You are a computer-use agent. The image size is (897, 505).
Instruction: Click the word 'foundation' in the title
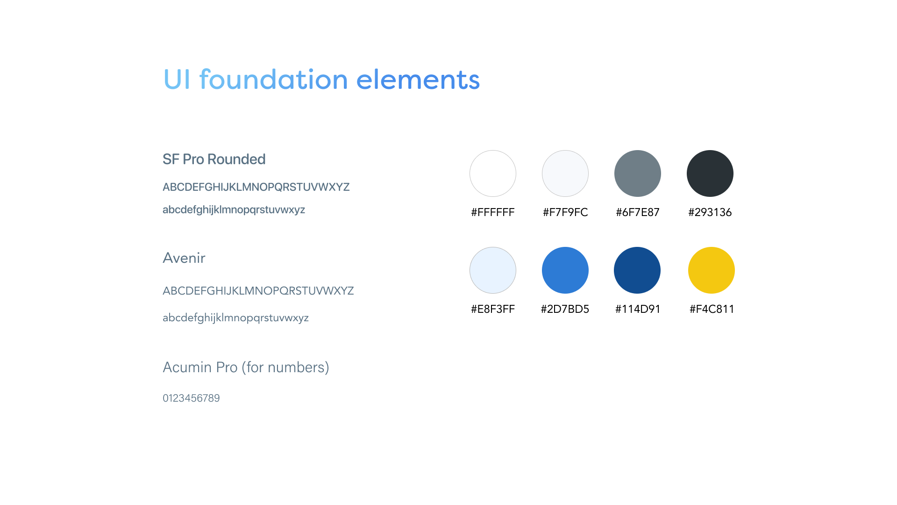(x=274, y=79)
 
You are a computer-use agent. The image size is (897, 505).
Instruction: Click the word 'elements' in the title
(x=418, y=79)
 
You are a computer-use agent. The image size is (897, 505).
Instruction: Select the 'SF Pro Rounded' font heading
(x=214, y=159)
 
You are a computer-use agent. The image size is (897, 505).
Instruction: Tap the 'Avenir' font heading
(x=184, y=258)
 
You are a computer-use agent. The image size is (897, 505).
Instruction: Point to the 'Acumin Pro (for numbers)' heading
(x=246, y=368)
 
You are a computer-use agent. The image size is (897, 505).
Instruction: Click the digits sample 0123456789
(x=191, y=398)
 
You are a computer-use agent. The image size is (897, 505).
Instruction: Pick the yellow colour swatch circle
(x=712, y=270)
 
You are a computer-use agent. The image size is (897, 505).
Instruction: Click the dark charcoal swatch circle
(x=710, y=173)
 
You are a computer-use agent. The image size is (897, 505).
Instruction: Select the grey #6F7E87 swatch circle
(x=638, y=173)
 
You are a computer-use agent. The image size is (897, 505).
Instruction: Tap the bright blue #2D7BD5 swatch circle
(x=565, y=270)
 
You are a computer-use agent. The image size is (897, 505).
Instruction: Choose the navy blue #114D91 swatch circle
(x=637, y=270)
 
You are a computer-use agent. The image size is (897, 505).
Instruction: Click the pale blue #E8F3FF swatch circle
(x=493, y=270)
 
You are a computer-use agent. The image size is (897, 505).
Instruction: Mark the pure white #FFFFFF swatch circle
(x=493, y=173)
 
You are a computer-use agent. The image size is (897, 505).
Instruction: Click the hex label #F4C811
(x=712, y=309)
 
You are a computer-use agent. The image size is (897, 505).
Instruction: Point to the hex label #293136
(x=710, y=212)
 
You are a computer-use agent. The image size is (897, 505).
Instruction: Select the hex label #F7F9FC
(x=565, y=212)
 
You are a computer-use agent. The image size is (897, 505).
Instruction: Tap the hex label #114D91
(x=638, y=309)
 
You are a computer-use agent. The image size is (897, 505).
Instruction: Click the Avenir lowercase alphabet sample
(x=235, y=318)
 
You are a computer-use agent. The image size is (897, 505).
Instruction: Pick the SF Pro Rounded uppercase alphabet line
(x=256, y=187)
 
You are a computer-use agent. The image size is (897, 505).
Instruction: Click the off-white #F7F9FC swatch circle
(x=565, y=173)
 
